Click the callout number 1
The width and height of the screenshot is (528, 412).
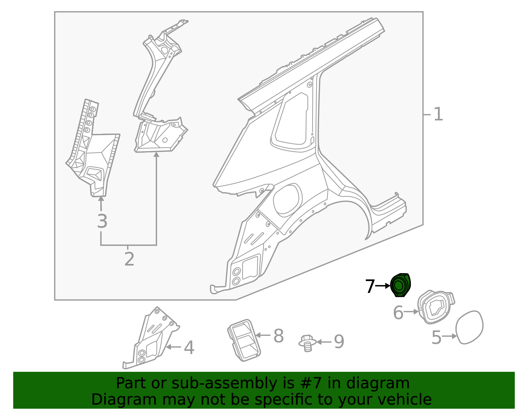pyautogui.click(x=438, y=114)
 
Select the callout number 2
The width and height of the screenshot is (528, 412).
pyautogui.click(x=129, y=259)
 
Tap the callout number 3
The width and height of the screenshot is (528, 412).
pyautogui.click(x=102, y=221)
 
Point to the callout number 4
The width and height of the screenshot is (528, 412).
pyautogui.click(x=189, y=348)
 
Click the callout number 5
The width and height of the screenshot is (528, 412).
pyautogui.click(x=436, y=337)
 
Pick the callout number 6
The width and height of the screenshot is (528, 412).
pyautogui.click(x=398, y=313)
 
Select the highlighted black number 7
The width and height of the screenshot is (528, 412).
pyautogui.click(x=370, y=286)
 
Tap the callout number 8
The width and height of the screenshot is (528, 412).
pyautogui.click(x=279, y=336)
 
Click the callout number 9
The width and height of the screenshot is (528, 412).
pyautogui.click(x=339, y=342)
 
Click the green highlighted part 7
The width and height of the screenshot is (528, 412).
pyautogui.click(x=400, y=285)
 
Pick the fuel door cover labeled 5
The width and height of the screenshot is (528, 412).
pyautogui.click(x=469, y=327)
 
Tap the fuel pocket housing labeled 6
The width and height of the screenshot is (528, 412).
pyautogui.click(x=435, y=307)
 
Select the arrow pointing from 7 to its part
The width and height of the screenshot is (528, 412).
pyautogui.click(x=383, y=286)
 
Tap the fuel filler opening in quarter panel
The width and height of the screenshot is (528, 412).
pyautogui.click(x=287, y=200)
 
